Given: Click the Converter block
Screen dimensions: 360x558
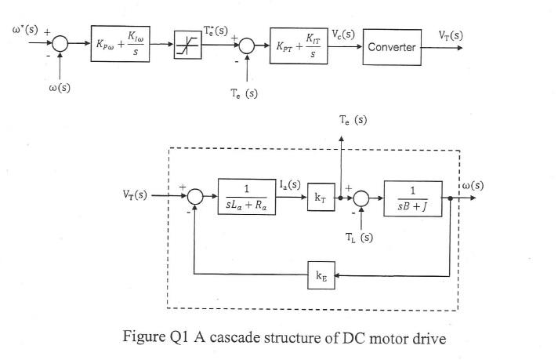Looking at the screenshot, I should [391, 47].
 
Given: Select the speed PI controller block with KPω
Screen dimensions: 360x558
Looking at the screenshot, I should [118, 46].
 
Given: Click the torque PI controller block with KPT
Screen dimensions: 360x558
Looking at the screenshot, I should [297, 46].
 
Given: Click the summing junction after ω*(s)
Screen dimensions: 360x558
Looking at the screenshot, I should [62, 46].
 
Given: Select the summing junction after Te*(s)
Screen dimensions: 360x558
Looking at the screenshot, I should [248, 46].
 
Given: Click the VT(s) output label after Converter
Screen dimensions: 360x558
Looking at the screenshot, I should [451, 35].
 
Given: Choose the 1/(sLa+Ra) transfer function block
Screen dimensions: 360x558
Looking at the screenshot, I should [247, 197].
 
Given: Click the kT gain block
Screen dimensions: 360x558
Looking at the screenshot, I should [321, 198].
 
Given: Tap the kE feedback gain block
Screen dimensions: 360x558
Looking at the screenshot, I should [321, 276].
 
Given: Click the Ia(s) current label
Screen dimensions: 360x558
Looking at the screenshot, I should [289, 185].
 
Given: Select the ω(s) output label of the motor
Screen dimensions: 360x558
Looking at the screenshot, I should [473, 186].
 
